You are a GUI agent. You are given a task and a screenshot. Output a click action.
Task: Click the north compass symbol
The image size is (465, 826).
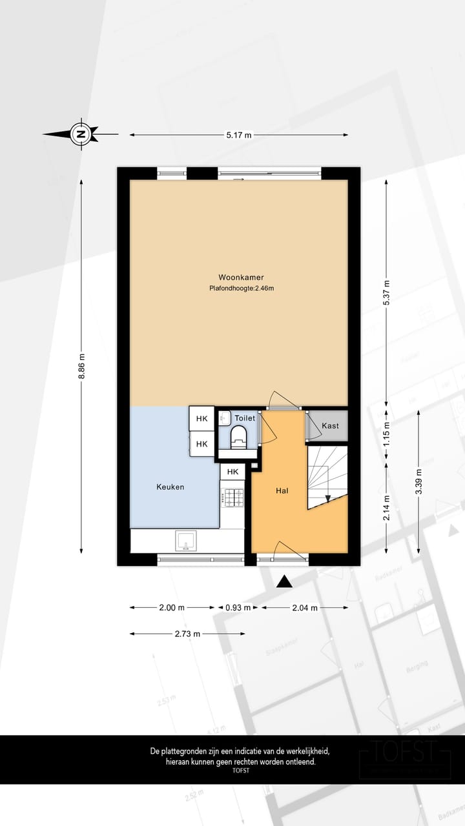81,134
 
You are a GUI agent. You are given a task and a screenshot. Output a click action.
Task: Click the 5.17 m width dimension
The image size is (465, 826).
238,135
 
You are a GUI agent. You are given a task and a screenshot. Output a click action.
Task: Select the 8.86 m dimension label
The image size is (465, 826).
81,367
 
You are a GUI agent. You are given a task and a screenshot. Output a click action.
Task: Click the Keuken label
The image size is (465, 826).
170,487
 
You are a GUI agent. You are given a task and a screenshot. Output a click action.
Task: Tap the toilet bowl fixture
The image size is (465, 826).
239,436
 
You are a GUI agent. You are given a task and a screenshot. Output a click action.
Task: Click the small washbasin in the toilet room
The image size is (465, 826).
224,419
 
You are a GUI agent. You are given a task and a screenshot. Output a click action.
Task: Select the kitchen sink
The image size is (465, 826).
187,541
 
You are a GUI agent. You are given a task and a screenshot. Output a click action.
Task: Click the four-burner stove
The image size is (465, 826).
233,496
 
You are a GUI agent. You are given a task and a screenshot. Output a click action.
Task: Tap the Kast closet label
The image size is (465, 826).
330,426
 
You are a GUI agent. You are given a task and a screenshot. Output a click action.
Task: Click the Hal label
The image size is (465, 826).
282,491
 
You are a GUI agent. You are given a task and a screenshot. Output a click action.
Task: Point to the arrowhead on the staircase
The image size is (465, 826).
328,498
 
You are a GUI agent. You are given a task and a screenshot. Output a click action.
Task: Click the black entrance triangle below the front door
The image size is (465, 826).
284,583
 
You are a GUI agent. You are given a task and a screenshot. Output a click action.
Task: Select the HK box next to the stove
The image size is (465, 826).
232,472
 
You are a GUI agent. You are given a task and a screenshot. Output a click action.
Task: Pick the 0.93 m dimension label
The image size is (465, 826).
238,607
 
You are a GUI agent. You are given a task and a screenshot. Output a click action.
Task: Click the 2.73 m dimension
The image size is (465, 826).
187,634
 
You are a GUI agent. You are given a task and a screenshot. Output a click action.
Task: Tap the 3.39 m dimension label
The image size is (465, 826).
420,481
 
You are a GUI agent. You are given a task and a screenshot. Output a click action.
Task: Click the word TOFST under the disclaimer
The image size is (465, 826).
240,771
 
